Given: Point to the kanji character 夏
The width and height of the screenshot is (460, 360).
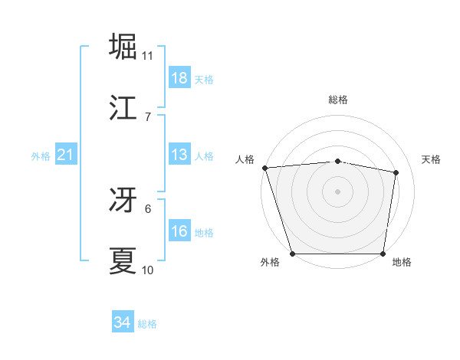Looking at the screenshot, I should tap(123, 260).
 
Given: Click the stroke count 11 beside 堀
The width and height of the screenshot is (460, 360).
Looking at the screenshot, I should tap(148, 56).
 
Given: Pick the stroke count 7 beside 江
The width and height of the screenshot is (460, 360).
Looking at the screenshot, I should tap(148, 116).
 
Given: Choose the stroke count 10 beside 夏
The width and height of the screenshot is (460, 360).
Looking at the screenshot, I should tap(148, 270).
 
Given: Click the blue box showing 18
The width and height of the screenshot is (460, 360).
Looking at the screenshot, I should tap(179, 78).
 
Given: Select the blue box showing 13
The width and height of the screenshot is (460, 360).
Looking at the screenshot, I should tap(179, 155).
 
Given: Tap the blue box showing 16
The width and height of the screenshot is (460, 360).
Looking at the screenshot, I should tap(179, 231).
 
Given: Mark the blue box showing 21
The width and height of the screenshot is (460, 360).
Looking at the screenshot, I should tap(65, 155).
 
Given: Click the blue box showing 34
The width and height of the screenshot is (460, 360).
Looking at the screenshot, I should tap(123, 322).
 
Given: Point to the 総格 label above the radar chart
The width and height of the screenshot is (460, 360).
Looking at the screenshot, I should tap(338, 100).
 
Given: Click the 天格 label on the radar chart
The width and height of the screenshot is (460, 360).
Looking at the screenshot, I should tap(432, 159).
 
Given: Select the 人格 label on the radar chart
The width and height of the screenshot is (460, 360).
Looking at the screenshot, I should tap(246, 159).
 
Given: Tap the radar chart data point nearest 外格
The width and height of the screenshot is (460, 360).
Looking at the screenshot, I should tap(293, 253).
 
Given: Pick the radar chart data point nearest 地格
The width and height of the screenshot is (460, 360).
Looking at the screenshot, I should tap(383, 253).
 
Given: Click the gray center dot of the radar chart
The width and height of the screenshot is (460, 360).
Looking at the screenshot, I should tap(338, 191).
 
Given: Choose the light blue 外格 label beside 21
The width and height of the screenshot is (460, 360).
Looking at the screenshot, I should tap(41, 156).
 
